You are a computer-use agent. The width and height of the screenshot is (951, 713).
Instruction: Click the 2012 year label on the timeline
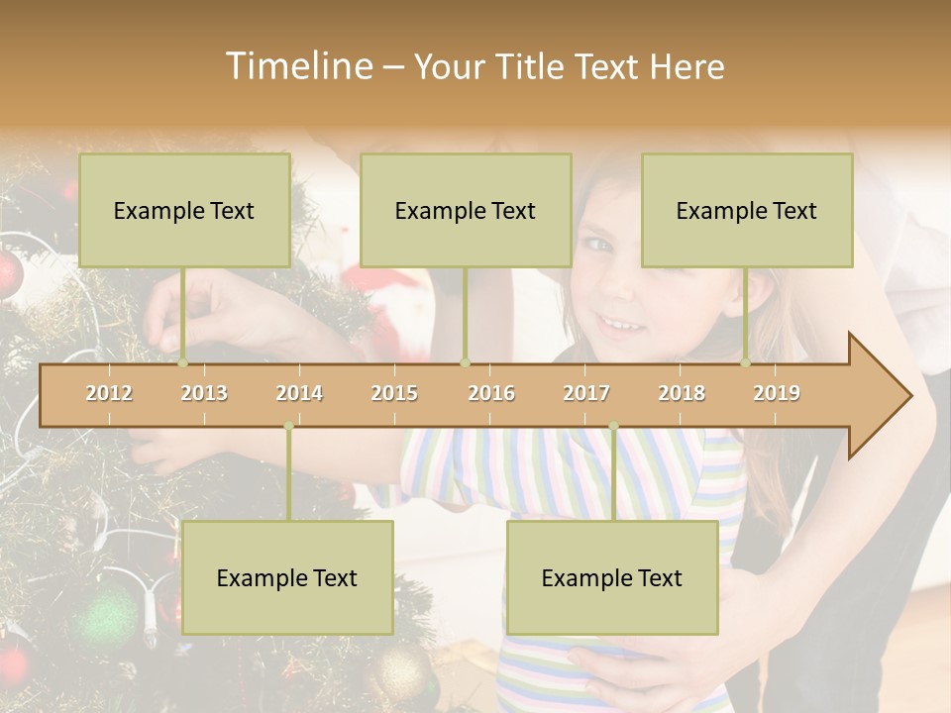(x=109, y=393)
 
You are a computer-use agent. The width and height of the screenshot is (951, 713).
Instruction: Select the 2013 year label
(x=204, y=393)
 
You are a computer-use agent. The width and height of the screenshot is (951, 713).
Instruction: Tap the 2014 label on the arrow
(x=299, y=393)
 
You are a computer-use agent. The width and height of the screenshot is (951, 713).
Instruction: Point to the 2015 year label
(x=394, y=393)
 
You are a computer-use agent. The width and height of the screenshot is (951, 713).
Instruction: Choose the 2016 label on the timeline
(x=491, y=393)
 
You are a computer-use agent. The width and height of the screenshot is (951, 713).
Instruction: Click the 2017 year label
(x=586, y=393)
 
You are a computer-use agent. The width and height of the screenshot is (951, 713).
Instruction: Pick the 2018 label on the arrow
(x=682, y=393)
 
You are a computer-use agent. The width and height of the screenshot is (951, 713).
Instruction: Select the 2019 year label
(x=777, y=393)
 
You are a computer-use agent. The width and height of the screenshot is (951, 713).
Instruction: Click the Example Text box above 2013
(x=184, y=210)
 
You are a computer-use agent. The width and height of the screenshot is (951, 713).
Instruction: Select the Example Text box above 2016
(x=466, y=210)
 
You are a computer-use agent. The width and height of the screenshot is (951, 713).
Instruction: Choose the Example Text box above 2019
(x=747, y=210)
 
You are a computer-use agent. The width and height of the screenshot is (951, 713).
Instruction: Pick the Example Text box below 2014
(x=287, y=577)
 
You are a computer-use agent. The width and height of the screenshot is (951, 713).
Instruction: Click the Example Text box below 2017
(x=612, y=577)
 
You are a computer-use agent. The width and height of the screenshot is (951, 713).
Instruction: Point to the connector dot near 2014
(x=288, y=427)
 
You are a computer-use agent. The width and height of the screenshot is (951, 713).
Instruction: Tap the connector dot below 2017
(x=613, y=427)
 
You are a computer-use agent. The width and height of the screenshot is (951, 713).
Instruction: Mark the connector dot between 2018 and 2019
(x=746, y=363)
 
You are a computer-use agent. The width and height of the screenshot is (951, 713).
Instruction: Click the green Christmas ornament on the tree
(x=107, y=618)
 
